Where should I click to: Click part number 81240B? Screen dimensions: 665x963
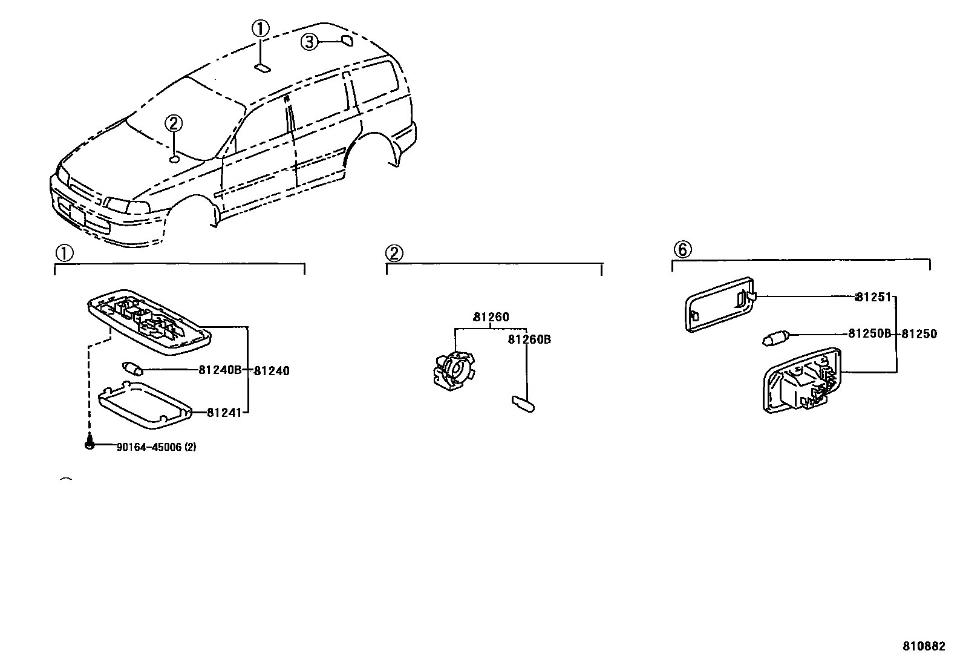[220, 370]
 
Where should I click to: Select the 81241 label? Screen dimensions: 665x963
[224, 413]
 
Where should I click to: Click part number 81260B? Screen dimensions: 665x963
[529, 339]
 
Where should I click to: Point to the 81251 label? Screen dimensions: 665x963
[873, 297]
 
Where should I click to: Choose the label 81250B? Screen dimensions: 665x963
[869, 333]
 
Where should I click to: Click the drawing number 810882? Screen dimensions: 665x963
[924, 646]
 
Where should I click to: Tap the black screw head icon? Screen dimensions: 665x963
[90, 445]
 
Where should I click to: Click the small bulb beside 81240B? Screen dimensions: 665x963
[132, 367]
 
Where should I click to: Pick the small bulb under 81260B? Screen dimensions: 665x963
[522, 403]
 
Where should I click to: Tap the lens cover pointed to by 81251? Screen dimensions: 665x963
[720, 304]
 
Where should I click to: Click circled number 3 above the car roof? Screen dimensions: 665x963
[309, 42]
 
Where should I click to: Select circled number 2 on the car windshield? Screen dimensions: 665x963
[173, 124]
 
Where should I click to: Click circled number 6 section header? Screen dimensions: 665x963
[682, 249]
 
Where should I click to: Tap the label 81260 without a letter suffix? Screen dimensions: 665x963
[491, 317]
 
